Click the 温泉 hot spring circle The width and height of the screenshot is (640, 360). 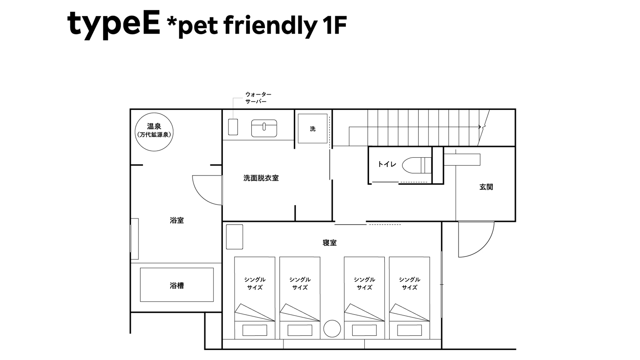tap(154, 132)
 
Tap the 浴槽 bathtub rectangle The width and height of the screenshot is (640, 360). tap(177, 285)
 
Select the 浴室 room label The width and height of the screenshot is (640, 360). tap(177, 220)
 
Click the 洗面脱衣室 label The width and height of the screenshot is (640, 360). tap(261, 178)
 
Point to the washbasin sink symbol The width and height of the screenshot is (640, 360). tap(264, 128)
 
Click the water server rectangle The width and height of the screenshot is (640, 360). tap(233, 127)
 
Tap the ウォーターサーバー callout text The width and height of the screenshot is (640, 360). tap(258, 98)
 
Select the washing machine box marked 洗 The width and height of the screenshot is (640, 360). tap(313, 129)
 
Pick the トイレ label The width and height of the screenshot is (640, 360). tap(387, 164)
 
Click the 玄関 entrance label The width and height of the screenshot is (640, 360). tap(486, 187)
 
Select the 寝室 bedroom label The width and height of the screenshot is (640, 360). tap(329, 243)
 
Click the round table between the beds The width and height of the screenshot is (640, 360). tap(332, 329)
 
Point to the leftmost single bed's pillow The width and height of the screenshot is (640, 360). tap(255, 330)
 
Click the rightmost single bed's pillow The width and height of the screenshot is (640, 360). tap(409, 330)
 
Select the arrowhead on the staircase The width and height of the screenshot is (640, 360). tap(480, 127)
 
